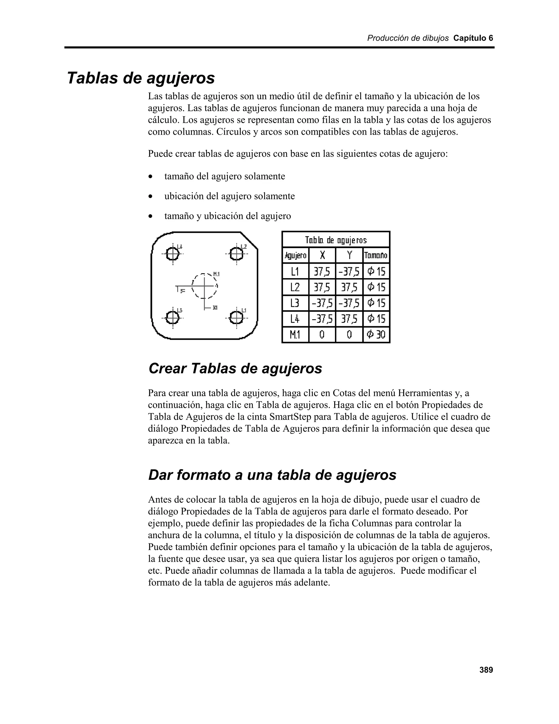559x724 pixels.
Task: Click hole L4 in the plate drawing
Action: pos(172,254)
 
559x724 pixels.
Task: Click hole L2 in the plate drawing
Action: pos(236,254)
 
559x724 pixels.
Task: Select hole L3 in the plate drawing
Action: pos(172,318)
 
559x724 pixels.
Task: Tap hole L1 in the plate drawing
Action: pos(236,318)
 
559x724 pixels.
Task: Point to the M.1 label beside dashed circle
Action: pos(216,274)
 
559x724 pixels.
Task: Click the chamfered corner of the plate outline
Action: pos(249,240)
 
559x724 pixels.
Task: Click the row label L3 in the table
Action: pos(295,303)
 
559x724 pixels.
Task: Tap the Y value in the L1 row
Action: pos(349,272)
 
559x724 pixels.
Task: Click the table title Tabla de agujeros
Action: pos(335,240)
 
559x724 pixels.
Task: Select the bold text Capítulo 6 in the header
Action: pos(473,38)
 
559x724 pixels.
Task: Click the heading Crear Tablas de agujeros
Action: pos(235,368)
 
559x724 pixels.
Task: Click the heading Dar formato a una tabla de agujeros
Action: pos(272,475)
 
